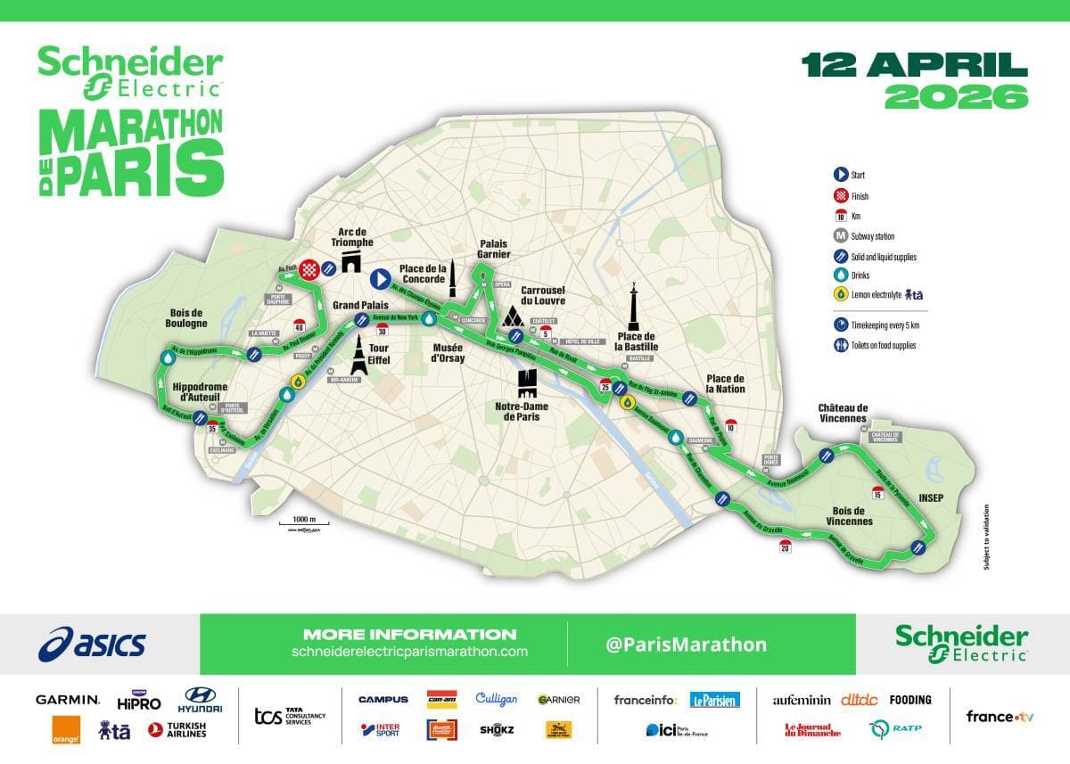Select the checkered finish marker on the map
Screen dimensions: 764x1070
coord(309,267)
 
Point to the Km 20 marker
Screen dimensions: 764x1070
coord(785,546)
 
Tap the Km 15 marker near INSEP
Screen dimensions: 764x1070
coord(877,493)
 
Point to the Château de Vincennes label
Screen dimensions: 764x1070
coord(842,413)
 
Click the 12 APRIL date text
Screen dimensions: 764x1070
coord(913,65)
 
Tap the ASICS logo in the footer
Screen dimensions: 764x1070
coord(92,644)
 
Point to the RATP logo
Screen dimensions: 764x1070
coord(895,728)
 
